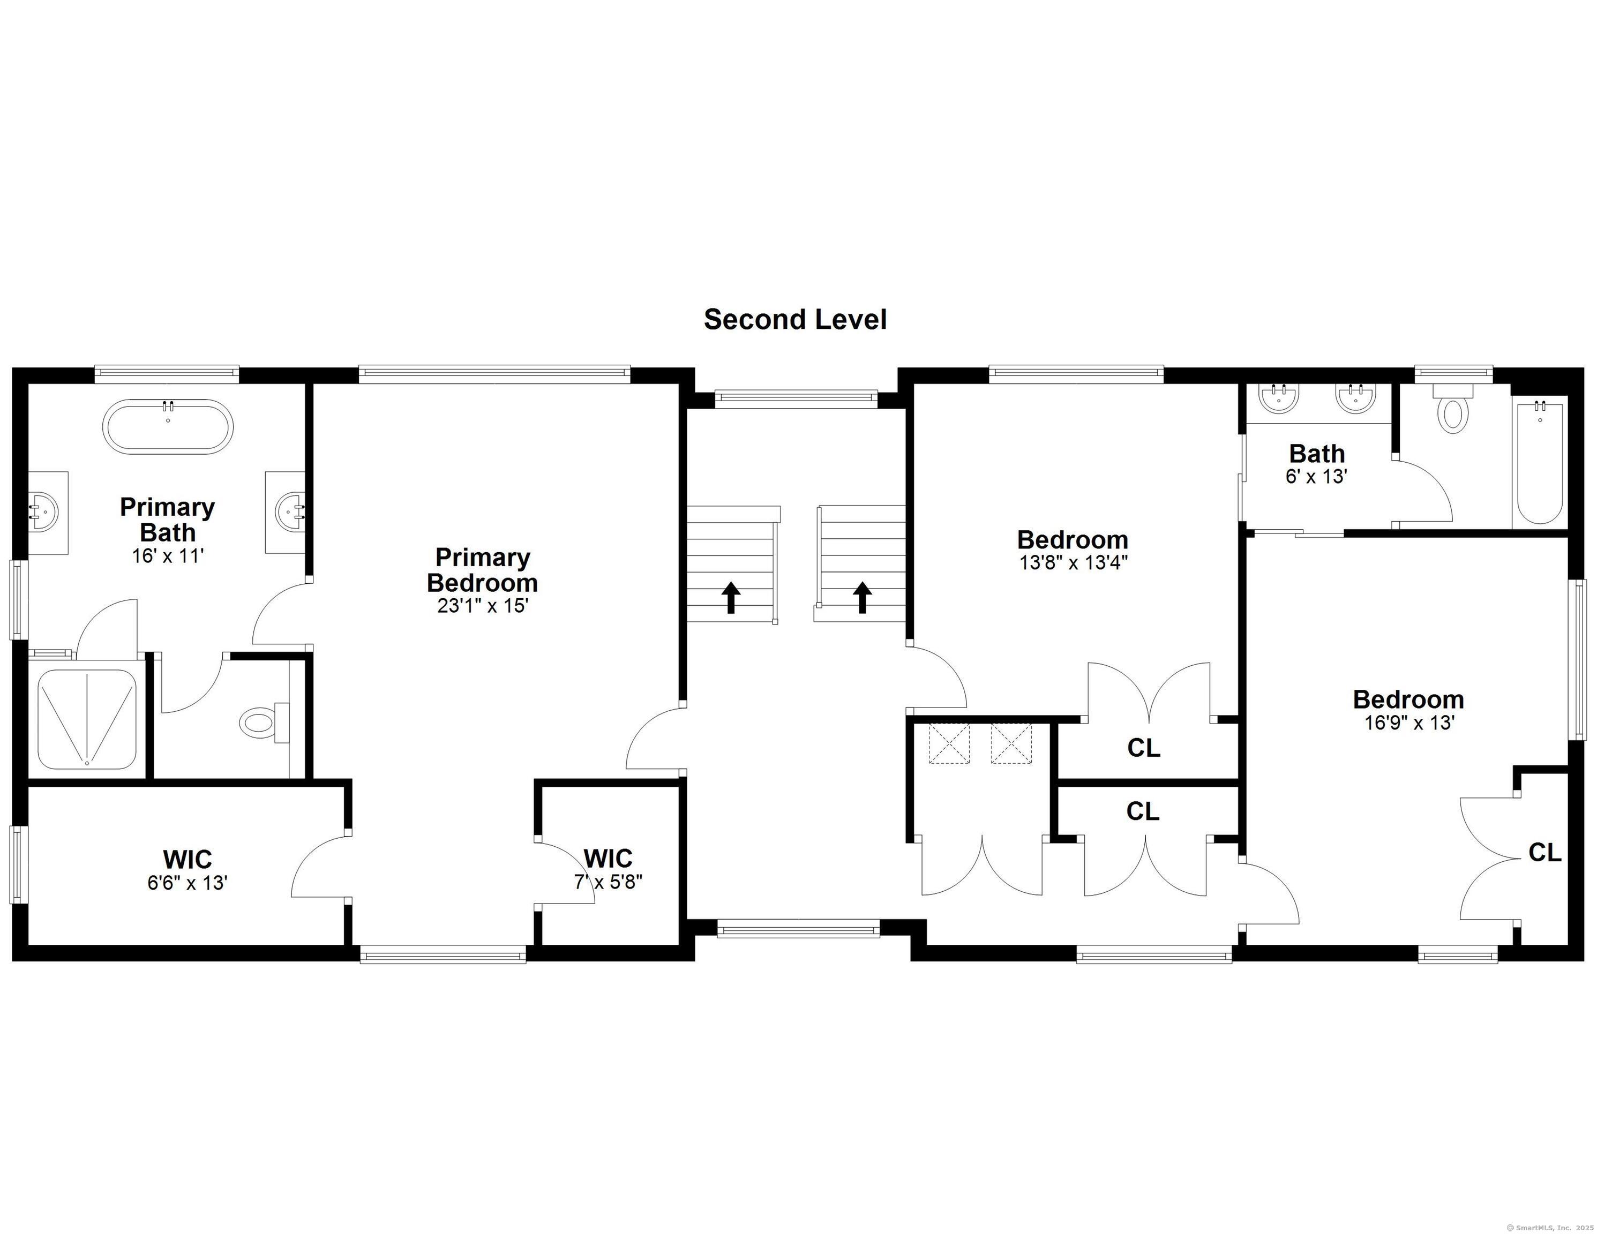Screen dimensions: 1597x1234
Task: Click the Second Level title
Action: pyautogui.click(x=795, y=319)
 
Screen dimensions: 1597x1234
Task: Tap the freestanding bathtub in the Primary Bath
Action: pyautogui.click(x=168, y=426)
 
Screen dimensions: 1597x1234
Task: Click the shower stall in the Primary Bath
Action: pyautogui.click(x=87, y=719)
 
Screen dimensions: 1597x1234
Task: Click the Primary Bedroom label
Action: pyautogui.click(x=483, y=570)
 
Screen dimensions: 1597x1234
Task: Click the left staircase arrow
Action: pyautogui.click(x=731, y=597)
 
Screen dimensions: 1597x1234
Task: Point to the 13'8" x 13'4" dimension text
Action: pyautogui.click(x=1073, y=562)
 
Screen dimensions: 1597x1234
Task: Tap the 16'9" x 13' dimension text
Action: pyautogui.click(x=1409, y=723)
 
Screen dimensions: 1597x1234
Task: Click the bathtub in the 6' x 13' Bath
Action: pyautogui.click(x=1540, y=461)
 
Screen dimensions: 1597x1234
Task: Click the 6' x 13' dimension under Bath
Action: pyautogui.click(x=1317, y=477)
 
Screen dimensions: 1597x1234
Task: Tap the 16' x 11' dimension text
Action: pyautogui.click(x=168, y=555)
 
